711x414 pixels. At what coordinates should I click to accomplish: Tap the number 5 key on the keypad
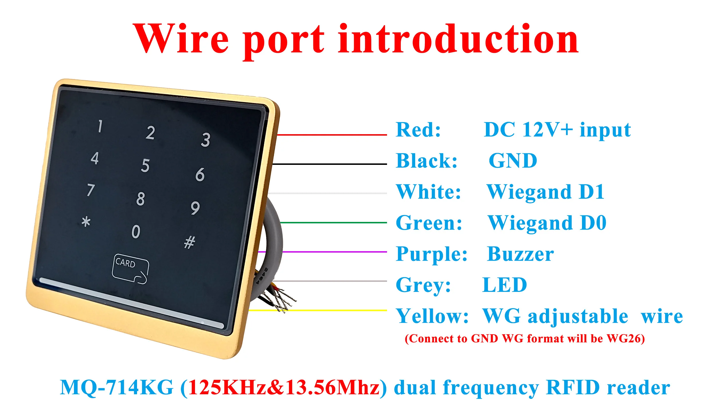point(145,166)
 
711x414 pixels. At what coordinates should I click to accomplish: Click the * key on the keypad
point(86,222)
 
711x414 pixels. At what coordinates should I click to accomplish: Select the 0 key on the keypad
point(136,231)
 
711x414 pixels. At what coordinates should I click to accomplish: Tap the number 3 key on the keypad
point(206,140)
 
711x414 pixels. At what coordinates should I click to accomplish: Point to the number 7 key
point(91,190)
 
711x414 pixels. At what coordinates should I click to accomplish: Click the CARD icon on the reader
point(130,269)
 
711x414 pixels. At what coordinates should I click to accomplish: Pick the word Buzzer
point(520,254)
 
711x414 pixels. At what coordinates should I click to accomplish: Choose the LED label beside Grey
point(505,285)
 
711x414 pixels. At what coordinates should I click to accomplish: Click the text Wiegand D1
point(546,192)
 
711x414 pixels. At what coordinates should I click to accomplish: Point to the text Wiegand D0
point(547,223)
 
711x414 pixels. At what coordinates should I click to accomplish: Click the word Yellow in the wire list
point(432,316)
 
